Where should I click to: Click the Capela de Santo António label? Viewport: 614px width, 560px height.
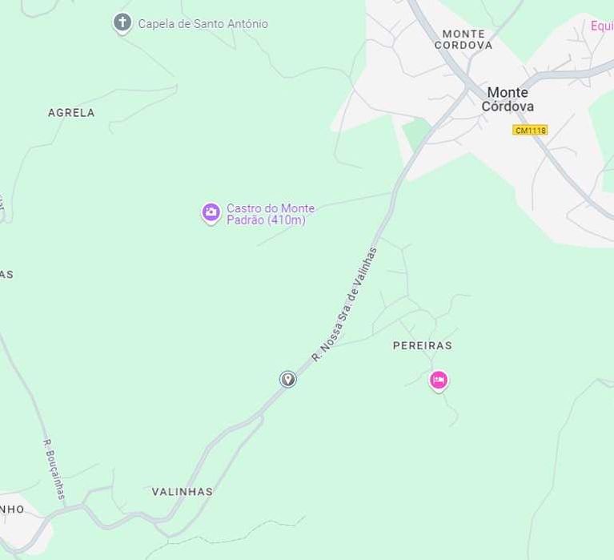click(203, 24)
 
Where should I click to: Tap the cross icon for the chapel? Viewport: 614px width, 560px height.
click(122, 22)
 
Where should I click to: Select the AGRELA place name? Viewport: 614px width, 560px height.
click(71, 113)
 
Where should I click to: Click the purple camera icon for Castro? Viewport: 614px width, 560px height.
click(211, 212)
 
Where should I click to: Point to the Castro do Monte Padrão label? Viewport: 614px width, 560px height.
click(270, 214)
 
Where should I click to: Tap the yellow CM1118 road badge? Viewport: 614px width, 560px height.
click(530, 130)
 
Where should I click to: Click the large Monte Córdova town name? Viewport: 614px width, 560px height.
click(508, 99)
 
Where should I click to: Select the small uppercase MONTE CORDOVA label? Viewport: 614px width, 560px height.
click(464, 39)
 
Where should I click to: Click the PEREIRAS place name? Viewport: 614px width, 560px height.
click(422, 345)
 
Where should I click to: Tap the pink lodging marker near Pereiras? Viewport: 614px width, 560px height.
click(438, 380)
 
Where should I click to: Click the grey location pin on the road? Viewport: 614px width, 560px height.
click(288, 379)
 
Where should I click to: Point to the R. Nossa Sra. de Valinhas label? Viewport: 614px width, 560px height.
click(344, 304)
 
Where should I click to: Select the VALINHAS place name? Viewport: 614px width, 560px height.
click(183, 492)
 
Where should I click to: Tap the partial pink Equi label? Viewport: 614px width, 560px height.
click(601, 26)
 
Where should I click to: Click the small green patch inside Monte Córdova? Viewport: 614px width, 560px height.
click(417, 133)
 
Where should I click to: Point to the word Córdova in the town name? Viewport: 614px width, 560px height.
click(508, 107)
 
